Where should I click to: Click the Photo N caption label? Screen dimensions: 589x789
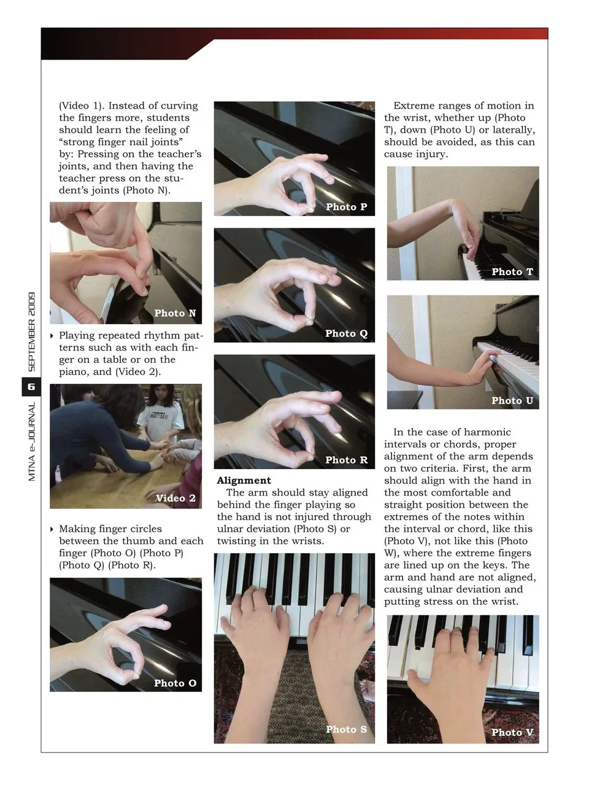point(175,313)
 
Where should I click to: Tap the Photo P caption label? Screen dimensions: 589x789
point(346,207)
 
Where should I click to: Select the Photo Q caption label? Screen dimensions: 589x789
point(346,333)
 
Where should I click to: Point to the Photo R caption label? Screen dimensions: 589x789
point(346,460)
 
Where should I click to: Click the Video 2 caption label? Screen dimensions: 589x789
point(175,498)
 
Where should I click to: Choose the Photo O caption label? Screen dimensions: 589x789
point(175,683)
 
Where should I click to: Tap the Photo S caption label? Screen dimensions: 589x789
point(346,729)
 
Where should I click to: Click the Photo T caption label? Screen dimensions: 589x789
point(512,272)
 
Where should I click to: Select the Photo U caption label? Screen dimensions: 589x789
point(512,400)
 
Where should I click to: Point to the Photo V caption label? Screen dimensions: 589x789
point(512,733)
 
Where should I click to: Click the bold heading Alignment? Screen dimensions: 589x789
point(244,481)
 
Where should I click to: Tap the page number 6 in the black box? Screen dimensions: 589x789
point(31,387)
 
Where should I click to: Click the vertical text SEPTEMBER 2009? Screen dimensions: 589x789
point(32,332)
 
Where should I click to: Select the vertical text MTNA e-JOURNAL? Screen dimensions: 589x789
point(32,441)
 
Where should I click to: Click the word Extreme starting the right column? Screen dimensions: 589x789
point(412,106)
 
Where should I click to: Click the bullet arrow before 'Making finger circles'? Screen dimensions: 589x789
point(52,529)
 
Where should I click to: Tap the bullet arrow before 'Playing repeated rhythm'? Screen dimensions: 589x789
point(52,336)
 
